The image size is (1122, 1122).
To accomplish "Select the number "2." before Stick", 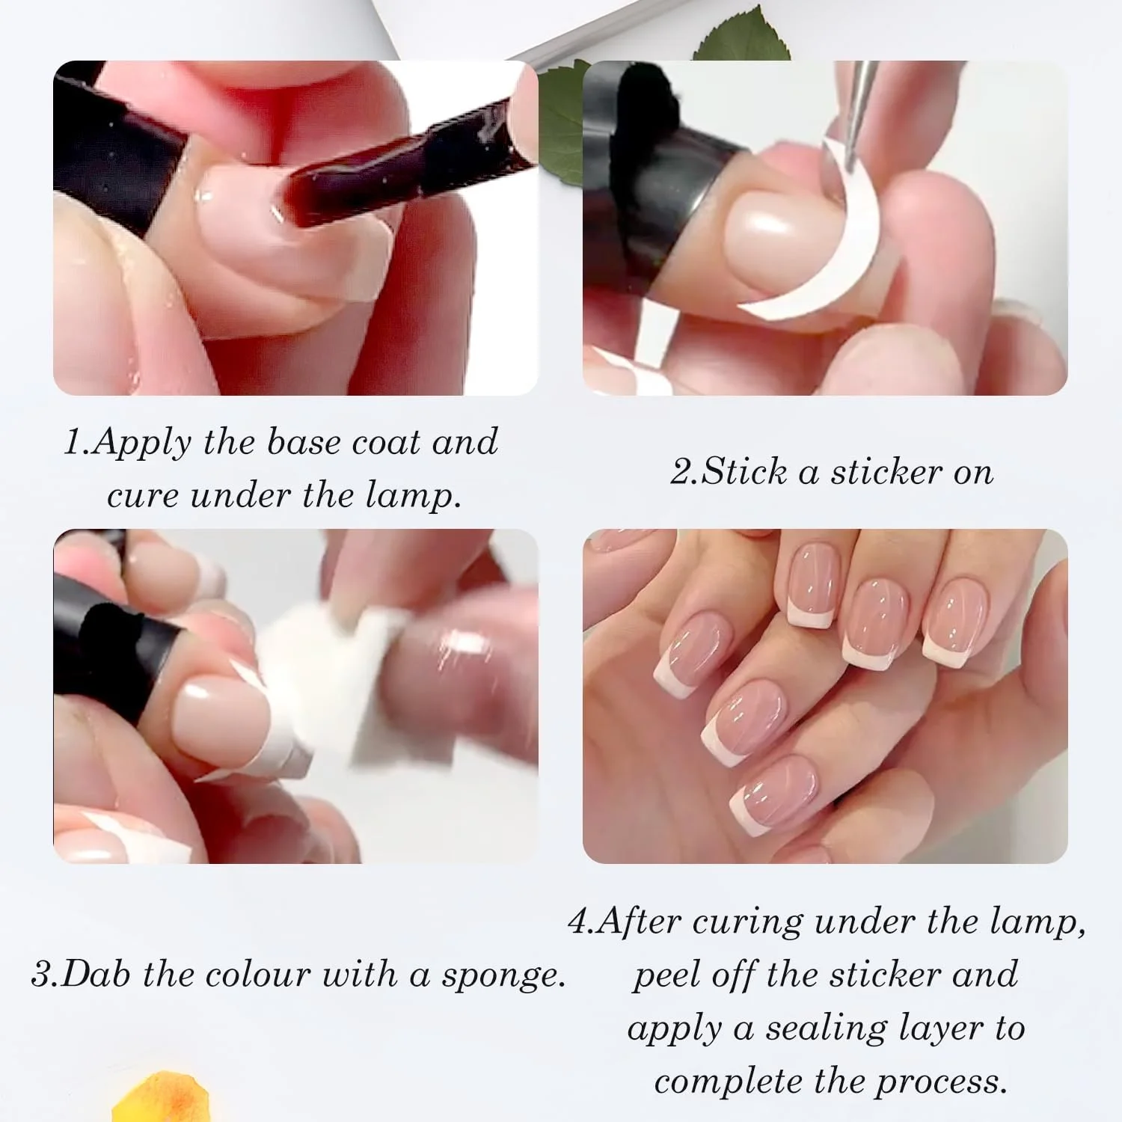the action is (x=684, y=471).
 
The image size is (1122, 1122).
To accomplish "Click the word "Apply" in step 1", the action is (x=142, y=443).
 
